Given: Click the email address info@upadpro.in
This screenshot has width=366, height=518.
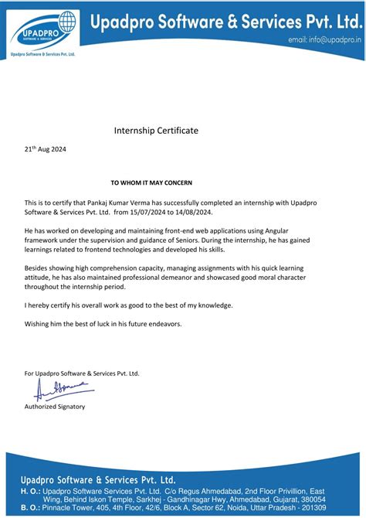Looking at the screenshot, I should (324, 39).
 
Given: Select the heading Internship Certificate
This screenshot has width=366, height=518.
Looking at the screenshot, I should (157, 131).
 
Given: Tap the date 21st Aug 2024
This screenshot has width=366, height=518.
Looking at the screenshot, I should (46, 149).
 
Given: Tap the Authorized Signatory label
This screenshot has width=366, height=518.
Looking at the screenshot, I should (55, 406).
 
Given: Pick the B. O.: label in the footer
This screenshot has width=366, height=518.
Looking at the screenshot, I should (30, 507).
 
